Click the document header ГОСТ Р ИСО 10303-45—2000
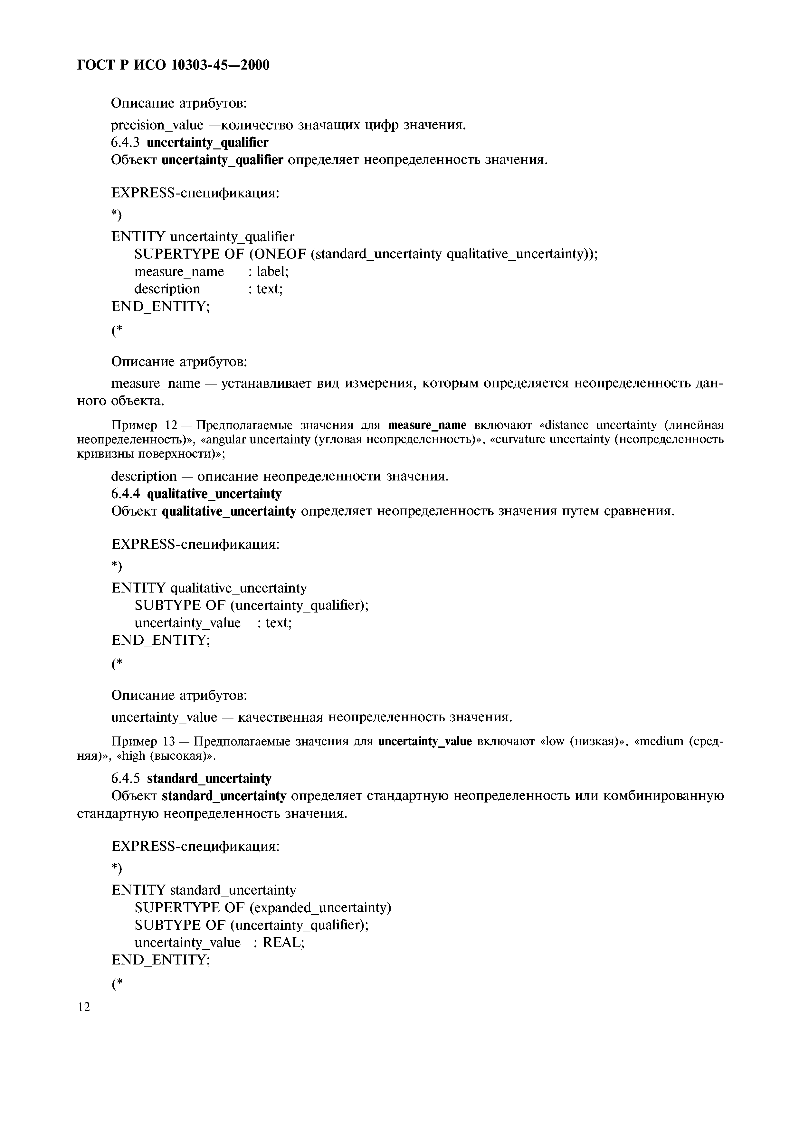[x=173, y=65]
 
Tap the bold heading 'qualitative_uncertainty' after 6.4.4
[x=214, y=494]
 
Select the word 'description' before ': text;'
[x=167, y=289]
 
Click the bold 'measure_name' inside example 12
[x=427, y=425]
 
